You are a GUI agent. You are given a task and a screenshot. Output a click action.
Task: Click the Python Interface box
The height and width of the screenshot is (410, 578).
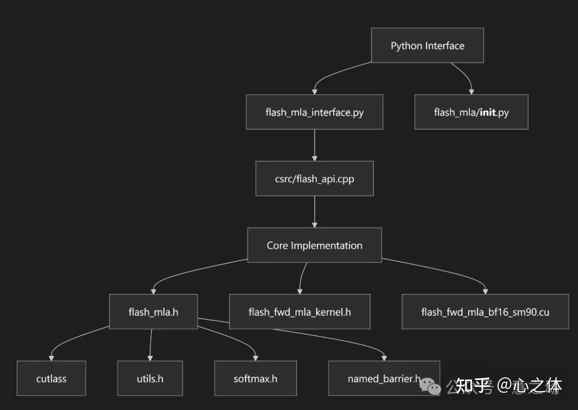[428, 46]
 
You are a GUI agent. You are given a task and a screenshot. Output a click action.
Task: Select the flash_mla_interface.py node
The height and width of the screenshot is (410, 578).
[314, 112]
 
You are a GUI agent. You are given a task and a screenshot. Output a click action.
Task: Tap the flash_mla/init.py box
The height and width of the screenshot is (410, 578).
[471, 112]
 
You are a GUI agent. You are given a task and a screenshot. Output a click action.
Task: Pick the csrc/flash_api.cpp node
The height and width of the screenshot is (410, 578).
[314, 178]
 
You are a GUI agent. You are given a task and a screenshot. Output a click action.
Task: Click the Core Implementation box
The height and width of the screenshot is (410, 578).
[314, 245]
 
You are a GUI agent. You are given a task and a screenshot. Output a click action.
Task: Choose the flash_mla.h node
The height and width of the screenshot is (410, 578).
[153, 311]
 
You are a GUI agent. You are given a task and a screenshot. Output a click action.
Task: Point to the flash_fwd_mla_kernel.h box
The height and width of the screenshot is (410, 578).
[300, 311]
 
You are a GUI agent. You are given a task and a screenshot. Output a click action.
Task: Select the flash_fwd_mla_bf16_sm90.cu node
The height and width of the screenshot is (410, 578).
[485, 311]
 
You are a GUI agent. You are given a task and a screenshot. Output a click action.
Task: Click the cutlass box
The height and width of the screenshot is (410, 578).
[51, 378]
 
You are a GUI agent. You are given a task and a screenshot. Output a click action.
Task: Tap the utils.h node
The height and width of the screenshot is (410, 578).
[150, 378]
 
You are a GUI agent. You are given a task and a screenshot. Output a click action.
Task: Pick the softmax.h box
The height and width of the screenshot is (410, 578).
[255, 378]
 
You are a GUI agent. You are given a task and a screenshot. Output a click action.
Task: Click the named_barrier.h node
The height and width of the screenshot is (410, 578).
[383, 378]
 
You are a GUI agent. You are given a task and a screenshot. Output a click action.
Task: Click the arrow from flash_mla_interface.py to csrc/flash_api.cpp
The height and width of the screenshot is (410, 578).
[314, 145]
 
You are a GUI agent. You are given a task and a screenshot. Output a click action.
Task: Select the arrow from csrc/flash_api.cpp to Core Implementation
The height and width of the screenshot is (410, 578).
[314, 212]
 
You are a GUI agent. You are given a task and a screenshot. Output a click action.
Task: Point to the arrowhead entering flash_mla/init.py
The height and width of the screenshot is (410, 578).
[471, 92]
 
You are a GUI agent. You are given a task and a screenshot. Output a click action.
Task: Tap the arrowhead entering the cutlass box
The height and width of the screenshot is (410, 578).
[51, 357]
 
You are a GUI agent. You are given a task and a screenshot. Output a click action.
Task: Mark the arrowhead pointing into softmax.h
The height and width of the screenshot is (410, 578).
[255, 357]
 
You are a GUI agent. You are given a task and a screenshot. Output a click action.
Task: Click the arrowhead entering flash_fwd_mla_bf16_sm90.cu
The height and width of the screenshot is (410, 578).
[485, 291]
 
